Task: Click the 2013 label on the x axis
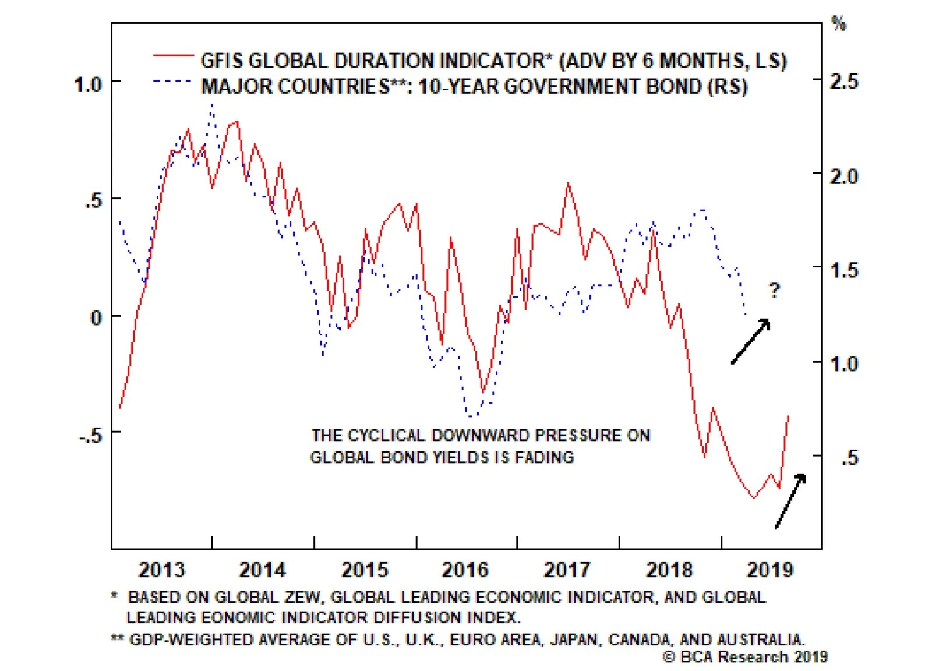tap(161, 569)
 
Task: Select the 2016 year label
tap(465, 569)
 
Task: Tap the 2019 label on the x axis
tap(770, 569)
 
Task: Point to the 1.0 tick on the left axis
tap(87, 85)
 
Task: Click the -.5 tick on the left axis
tap(90, 435)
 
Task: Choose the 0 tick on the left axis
tap(96, 318)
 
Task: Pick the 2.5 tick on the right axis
tap(844, 82)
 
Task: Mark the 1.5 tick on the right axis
tap(844, 270)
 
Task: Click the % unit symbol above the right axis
tap(839, 24)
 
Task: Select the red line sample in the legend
tap(173, 56)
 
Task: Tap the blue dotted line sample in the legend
tap(173, 82)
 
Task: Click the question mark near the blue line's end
tap(774, 290)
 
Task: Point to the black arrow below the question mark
tap(751, 341)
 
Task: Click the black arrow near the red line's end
tap(791, 500)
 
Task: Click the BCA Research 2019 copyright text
tap(745, 657)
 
